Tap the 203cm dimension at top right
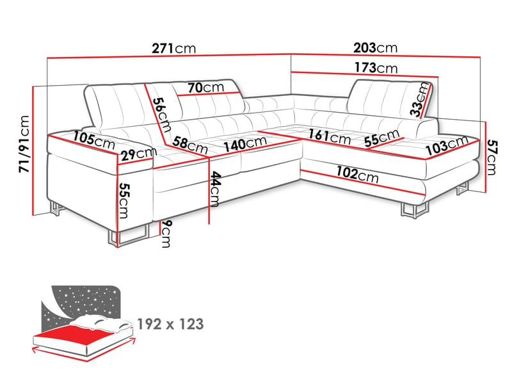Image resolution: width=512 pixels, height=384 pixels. pyautogui.click(x=375, y=48)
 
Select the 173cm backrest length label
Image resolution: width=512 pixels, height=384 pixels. pyautogui.click(x=375, y=67)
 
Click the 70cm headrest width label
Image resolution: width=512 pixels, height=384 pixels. pyautogui.click(x=205, y=87)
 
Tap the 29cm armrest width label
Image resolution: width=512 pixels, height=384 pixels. pyautogui.click(x=137, y=153)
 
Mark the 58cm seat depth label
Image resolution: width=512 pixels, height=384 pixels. pyautogui.click(x=191, y=145)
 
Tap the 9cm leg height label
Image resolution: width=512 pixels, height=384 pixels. pyautogui.click(x=166, y=234)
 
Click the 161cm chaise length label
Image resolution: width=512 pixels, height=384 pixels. pyautogui.click(x=329, y=137)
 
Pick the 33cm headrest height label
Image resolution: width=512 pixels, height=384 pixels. pyautogui.click(x=420, y=100)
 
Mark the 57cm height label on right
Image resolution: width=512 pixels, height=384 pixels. pyautogui.click(x=491, y=157)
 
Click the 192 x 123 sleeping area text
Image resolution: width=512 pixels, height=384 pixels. pyautogui.click(x=170, y=324)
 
